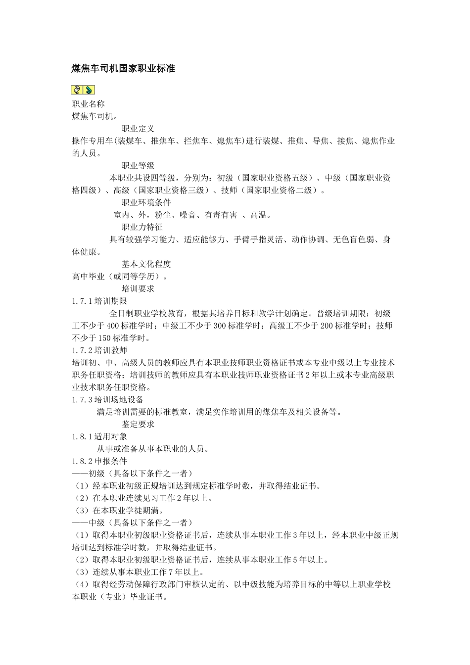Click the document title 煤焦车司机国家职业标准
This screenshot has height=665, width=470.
(123, 69)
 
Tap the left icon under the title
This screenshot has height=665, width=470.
(77, 90)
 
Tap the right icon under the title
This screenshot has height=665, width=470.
(89, 90)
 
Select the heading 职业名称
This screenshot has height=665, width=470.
(88, 104)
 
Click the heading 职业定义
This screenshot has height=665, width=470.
(138, 129)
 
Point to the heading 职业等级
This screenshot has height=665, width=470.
(138, 166)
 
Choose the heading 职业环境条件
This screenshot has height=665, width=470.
(146, 202)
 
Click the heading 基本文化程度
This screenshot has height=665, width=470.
(146, 264)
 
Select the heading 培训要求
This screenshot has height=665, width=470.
(138, 288)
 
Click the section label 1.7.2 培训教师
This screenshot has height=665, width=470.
(100, 350)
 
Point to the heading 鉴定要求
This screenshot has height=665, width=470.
(138, 424)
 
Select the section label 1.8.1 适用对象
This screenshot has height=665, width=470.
(100, 436)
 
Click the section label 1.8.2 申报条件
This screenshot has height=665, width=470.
(100, 461)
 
